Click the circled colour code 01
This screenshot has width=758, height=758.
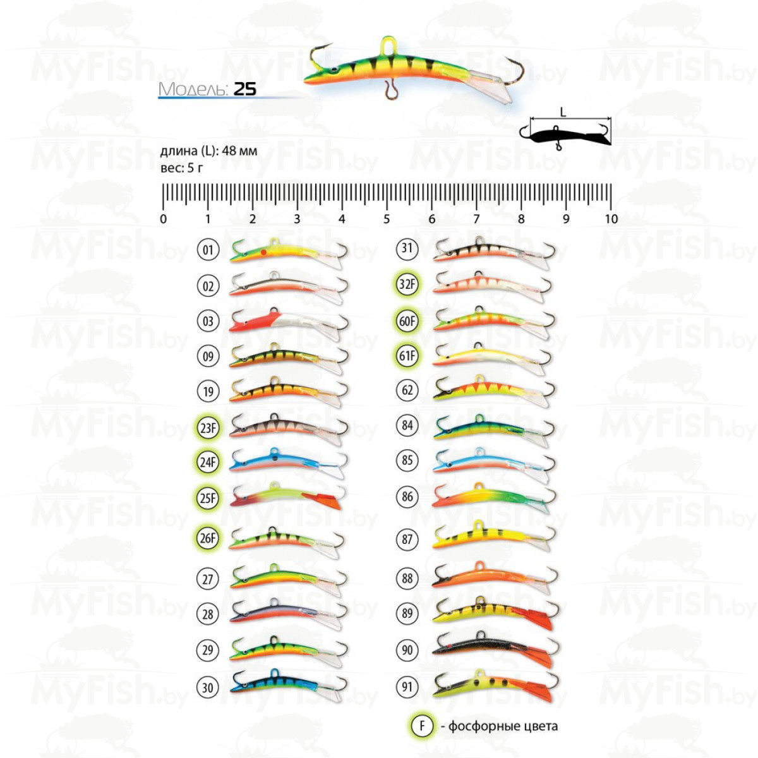[208, 250]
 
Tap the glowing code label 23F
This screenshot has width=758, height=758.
[208, 428]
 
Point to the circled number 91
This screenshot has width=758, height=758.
[407, 687]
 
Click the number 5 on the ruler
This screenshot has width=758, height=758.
[387, 219]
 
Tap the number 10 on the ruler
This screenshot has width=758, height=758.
[611, 219]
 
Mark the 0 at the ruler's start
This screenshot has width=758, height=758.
[164, 219]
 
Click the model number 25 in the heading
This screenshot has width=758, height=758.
[245, 89]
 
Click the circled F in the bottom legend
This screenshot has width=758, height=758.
[422, 726]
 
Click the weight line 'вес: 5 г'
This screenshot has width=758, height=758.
[182, 168]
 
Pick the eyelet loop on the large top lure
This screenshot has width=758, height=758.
[387, 45]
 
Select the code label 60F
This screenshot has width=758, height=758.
[407, 321]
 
